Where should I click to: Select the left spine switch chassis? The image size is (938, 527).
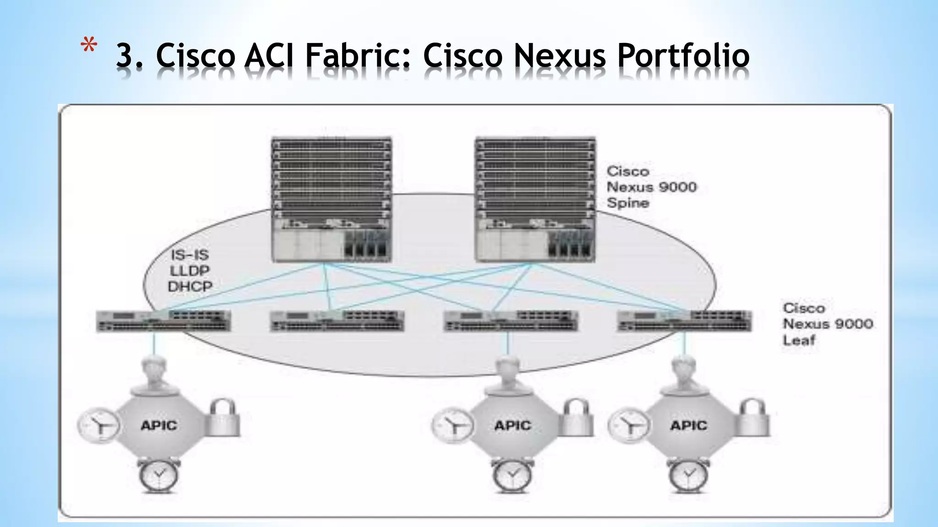(332, 200)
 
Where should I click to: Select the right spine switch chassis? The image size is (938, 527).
(535, 200)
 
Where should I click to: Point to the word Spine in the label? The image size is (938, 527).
(628, 203)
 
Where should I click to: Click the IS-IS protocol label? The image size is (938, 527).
(190, 255)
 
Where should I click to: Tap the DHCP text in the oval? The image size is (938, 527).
(190, 287)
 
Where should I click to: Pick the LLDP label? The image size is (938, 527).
(190, 271)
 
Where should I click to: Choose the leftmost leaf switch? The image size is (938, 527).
(164, 321)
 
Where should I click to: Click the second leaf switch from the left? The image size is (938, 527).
(337, 321)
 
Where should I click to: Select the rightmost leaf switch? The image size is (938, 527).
(684, 321)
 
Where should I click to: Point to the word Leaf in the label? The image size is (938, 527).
(799, 340)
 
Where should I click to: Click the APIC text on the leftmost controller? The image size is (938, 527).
(159, 425)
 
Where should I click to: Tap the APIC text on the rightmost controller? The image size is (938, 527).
(688, 425)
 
